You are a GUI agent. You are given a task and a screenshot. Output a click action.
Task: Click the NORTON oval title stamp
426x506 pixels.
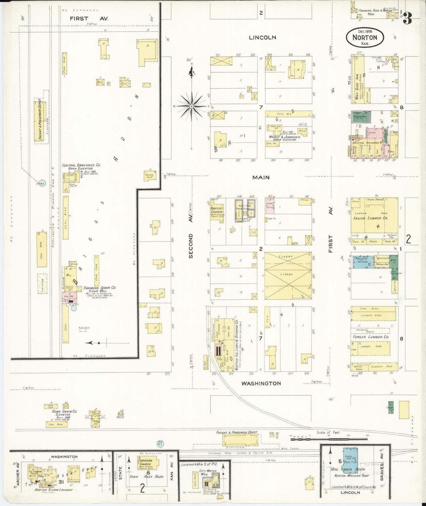(x=365, y=37)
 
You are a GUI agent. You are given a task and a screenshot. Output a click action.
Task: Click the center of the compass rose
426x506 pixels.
(x=192, y=106)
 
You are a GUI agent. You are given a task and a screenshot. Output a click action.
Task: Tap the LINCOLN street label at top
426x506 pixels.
(x=262, y=37)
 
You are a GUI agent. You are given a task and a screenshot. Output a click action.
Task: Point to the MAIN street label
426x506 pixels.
(x=261, y=177)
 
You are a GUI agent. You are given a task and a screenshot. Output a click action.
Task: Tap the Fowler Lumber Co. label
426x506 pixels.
(x=371, y=337)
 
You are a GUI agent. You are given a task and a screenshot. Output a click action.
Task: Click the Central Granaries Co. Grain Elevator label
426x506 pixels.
(x=81, y=167)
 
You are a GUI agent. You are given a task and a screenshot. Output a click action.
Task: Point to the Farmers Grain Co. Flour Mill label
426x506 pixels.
(x=100, y=289)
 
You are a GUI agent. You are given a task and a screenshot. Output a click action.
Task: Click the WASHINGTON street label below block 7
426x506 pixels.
(x=261, y=383)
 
